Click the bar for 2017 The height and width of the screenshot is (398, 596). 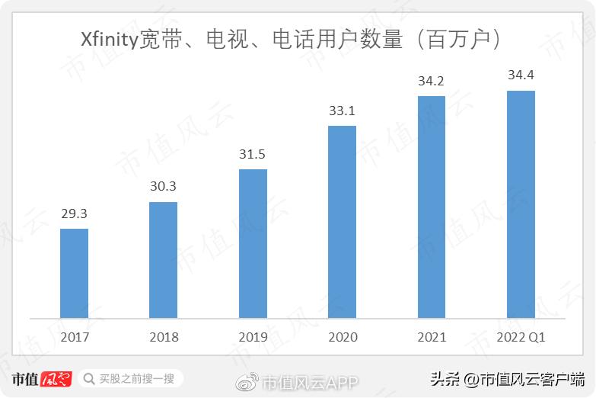coord(74,273)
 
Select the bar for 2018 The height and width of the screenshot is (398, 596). coord(163,260)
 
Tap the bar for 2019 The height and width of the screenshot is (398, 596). coord(253,243)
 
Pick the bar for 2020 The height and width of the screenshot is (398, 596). coord(342,222)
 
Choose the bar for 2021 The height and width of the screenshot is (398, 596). coord(432,207)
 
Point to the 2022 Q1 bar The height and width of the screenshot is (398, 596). coord(521,204)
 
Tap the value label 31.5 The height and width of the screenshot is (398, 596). coord(253,155)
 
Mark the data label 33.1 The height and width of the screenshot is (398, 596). coord(342,111)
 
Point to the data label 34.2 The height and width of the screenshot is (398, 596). coord(432,81)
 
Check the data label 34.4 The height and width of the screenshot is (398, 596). coord(521,75)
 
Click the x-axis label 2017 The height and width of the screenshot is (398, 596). coord(74,337)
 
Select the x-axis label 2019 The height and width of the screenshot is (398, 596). coord(253,337)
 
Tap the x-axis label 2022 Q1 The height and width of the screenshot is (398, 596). coord(521,337)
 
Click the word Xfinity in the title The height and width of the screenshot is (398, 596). coord(110,40)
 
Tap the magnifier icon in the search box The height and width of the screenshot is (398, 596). coord(88,379)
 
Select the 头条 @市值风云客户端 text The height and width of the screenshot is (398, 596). coord(507,379)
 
